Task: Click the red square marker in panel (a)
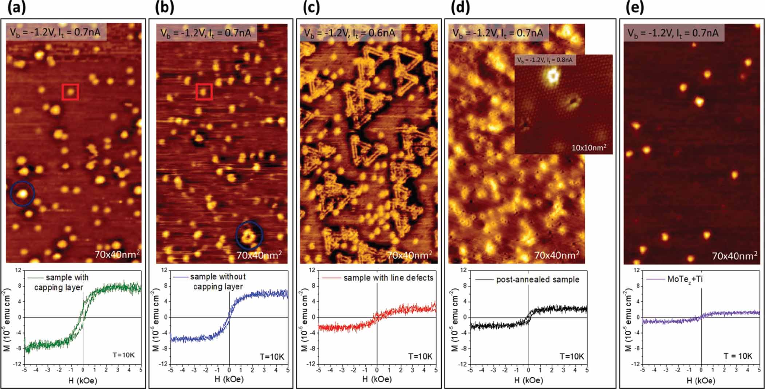coord(70,92)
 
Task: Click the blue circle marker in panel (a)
coord(23,194)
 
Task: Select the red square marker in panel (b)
coord(204,92)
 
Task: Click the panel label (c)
coord(311,8)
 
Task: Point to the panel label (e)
coord(634,8)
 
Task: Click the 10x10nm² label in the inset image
coord(589,148)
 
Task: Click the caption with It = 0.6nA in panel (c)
coord(349,33)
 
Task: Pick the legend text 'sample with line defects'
coord(388,278)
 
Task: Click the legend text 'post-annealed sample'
coord(537,280)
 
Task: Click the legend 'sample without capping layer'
coord(218,281)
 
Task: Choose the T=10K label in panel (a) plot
coord(123,355)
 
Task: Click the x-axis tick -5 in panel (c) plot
coord(319,370)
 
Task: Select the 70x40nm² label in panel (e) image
coord(734,256)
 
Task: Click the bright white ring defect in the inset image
coord(552,75)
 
